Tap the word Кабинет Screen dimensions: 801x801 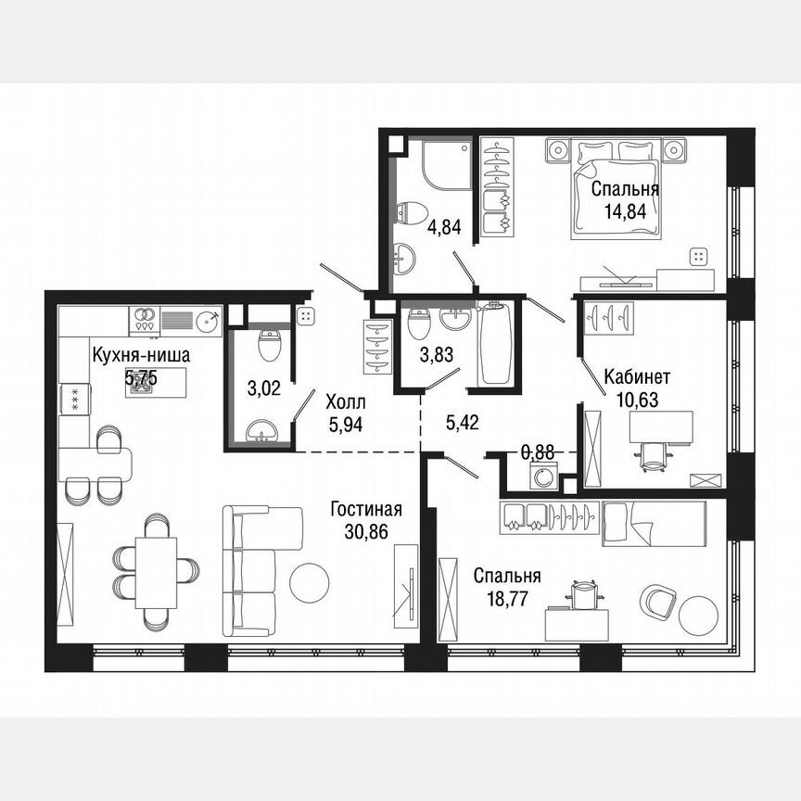(x=637, y=377)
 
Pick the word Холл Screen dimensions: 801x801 (x=346, y=404)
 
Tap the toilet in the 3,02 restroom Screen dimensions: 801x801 (x=269, y=347)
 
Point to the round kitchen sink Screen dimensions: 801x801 (x=208, y=321)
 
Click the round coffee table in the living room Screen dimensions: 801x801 (x=309, y=581)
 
